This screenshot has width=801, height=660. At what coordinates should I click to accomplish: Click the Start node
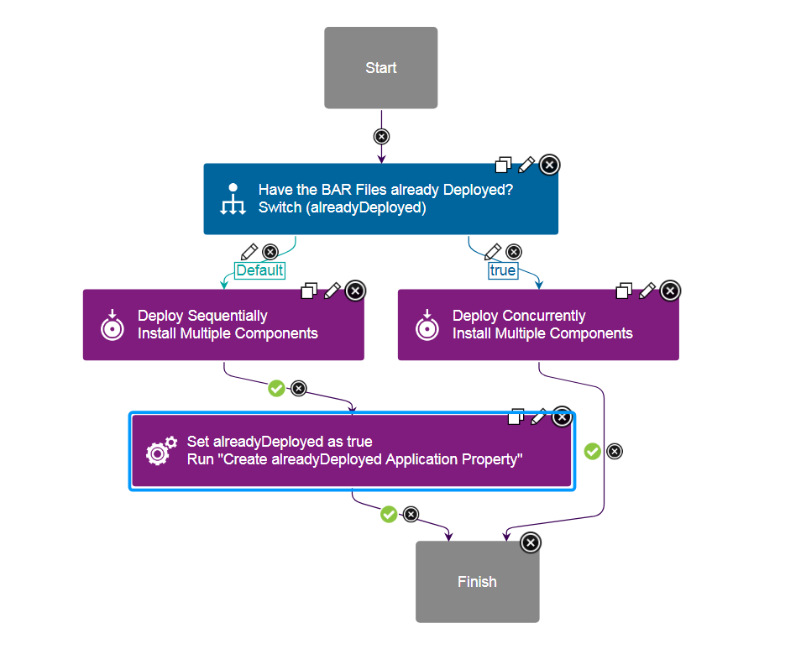point(380,68)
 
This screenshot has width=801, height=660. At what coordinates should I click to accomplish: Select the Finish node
point(477,582)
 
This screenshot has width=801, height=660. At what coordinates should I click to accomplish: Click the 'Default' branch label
point(259,270)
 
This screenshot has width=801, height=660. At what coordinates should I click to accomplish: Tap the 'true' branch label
point(503,270)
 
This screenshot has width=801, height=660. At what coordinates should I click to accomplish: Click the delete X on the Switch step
point(549,165)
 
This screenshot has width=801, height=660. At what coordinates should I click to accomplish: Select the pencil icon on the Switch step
point(526,165)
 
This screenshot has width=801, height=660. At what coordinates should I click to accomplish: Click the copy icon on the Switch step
point(504,165)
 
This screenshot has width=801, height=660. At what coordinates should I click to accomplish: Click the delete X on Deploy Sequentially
point(355,291)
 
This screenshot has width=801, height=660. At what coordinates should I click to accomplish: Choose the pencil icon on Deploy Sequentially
point(332,291)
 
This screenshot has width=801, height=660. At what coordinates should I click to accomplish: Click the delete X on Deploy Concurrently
point(670,291)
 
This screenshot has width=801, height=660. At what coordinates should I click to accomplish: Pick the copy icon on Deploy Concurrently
point(624,291)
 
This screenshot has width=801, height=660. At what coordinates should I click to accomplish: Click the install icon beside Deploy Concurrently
point(427,325)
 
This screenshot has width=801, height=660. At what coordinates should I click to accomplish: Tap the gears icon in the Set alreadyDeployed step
point(161,451)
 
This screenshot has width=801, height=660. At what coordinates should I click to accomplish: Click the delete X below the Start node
point(381,136)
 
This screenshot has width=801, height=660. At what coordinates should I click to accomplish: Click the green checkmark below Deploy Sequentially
point(276,388)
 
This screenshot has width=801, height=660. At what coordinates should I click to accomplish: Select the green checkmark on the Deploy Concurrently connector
point(593,451)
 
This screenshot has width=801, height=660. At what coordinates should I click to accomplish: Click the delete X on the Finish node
point(531,542)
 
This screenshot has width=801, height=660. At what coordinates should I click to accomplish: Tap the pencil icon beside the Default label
point(249,251)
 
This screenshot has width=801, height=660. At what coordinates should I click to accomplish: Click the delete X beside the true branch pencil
point(514,251)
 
